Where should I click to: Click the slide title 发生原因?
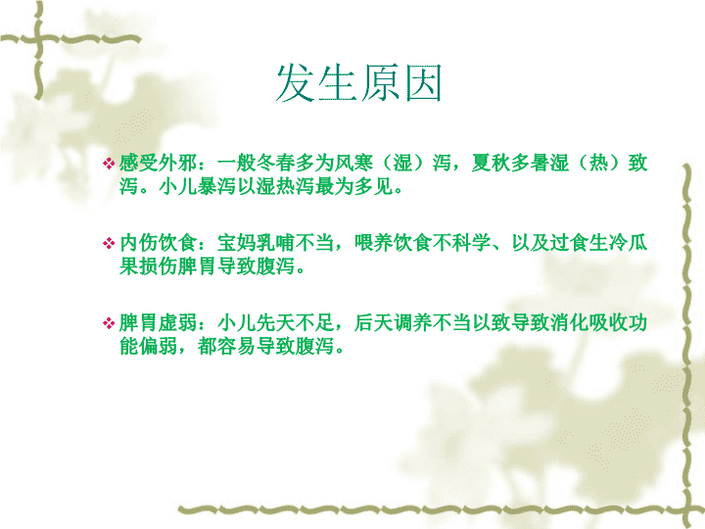(358, 82)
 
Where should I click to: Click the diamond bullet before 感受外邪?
(109, 164)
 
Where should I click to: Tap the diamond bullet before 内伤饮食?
(109, 243)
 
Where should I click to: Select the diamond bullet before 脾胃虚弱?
(109, 323)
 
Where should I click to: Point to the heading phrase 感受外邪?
(158, 163)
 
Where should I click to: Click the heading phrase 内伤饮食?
(158, 243)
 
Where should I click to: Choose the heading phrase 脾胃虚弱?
(158, 323)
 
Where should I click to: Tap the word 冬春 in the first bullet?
(275, 163)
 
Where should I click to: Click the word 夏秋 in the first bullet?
(491, 163)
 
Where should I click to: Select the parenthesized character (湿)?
(402, 163)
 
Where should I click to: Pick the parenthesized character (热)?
(598, 163)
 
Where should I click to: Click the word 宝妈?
(237, 243)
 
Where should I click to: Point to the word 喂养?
(374, 243)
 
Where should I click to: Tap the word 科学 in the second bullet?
(472, 243)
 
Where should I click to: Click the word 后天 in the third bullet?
(374, 323)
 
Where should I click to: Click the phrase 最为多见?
(353, 186)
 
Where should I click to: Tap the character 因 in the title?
(423, 83)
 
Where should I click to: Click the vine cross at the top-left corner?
(38, 39)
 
